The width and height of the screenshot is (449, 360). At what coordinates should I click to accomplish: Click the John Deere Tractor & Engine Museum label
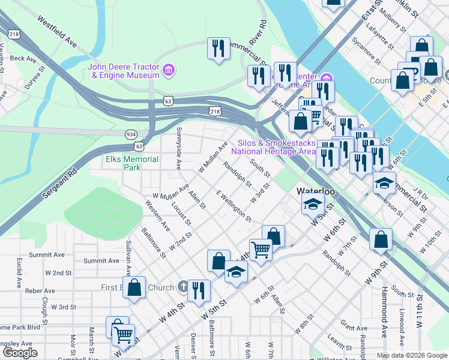coord(124,71)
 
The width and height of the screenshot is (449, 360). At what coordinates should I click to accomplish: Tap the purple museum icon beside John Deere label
coord(169,71)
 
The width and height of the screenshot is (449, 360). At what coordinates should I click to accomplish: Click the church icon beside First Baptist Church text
coord(183,287)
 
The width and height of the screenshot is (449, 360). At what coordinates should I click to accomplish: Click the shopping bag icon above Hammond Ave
coord(381,240)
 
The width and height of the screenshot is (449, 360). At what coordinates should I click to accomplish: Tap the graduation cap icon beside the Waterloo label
coord(312,204)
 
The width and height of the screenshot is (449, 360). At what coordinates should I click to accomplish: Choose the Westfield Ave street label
coord(58,32)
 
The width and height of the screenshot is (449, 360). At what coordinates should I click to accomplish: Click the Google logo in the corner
coord(20,353)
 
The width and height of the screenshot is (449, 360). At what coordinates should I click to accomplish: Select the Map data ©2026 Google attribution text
coord(411,355)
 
